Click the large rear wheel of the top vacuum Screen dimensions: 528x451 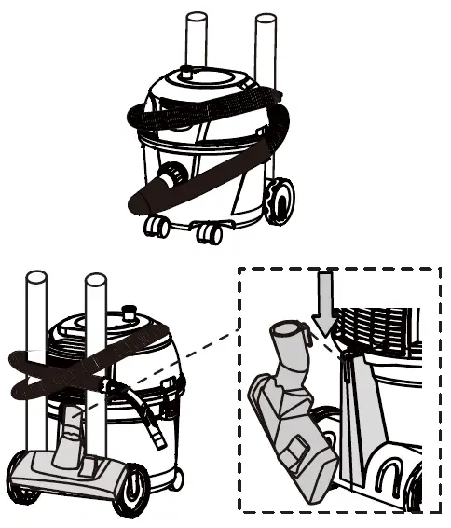coord(278,201)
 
